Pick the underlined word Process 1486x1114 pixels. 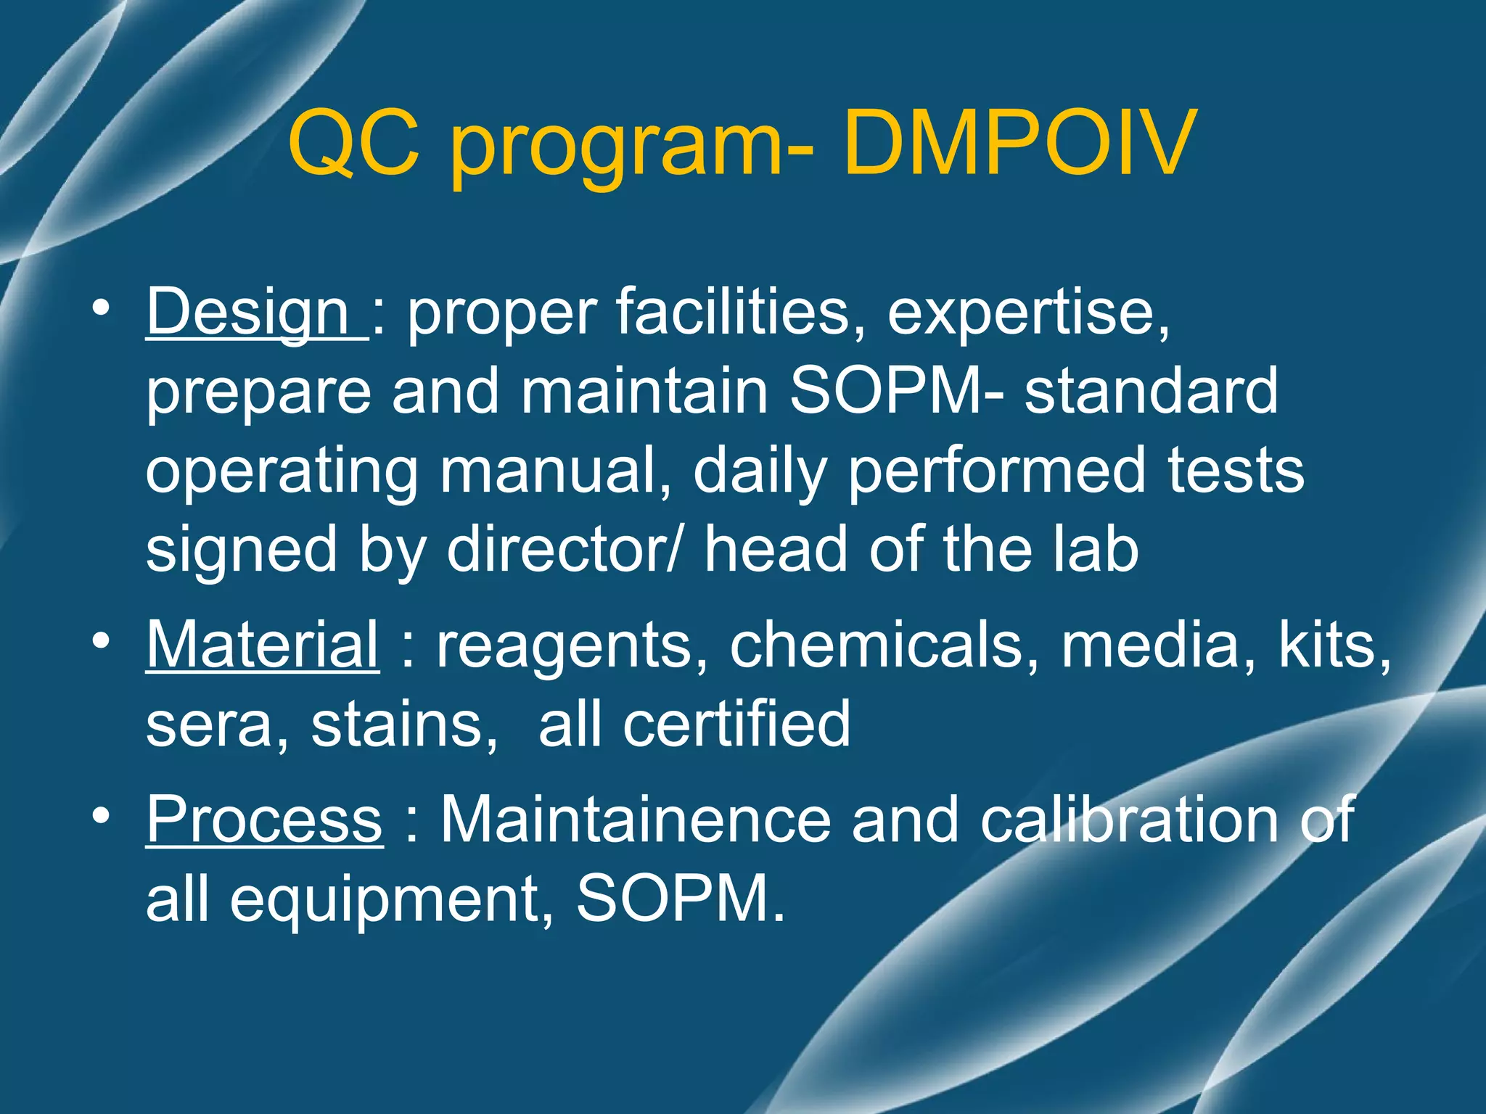click(x=265, y=820)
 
